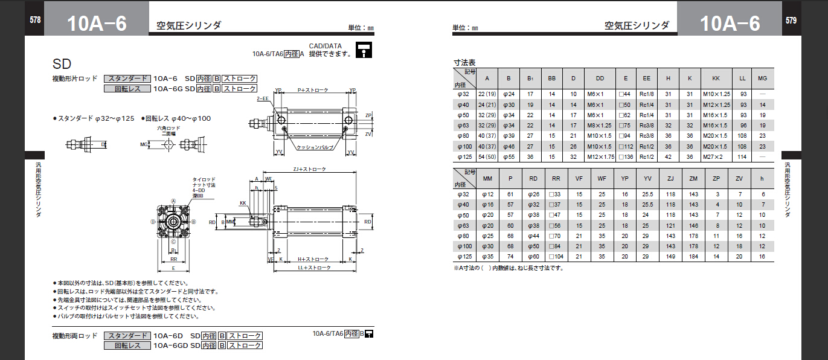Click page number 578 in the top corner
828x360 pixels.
click(35, 20)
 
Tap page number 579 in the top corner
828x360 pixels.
click(791, 20)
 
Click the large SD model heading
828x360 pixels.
click(62, 64)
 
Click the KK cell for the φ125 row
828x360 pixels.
click(716, 157)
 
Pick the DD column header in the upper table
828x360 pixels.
click(599, 79)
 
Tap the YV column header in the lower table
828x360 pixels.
click(647, 179)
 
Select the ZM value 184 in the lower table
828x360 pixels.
click(693, 256)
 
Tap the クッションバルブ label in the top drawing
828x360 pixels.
click(314, 147)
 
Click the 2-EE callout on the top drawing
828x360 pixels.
click(262, 98)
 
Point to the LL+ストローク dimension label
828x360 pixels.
click(314, 267)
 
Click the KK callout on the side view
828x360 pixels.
click(243, 203)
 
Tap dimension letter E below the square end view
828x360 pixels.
click(173, 268)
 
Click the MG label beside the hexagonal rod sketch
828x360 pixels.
click(144, 144)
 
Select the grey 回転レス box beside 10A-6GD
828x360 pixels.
click(126, 346)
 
